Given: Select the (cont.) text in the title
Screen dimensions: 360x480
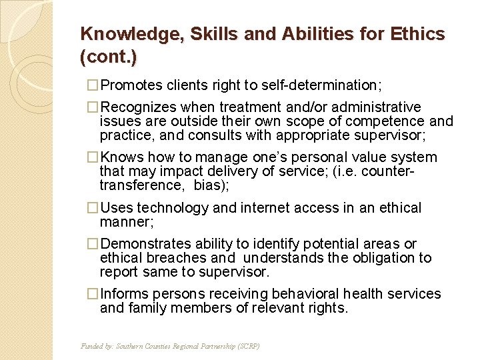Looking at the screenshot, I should (108, 57).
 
